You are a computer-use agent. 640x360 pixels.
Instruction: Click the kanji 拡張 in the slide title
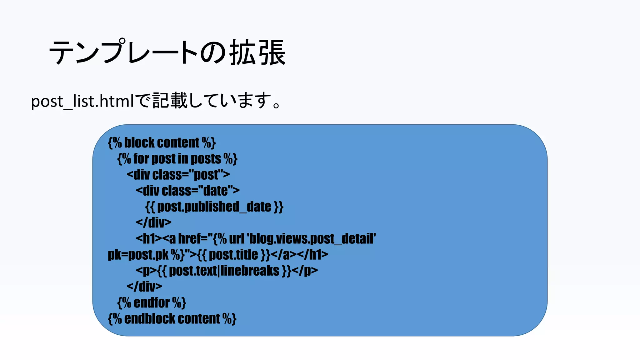point(257,52)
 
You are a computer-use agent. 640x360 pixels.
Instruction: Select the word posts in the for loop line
point(206,159)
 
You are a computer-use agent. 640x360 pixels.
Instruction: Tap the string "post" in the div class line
point(206,175)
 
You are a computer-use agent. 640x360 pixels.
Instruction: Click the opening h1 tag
point(149,239)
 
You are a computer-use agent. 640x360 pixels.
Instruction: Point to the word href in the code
point(190,239)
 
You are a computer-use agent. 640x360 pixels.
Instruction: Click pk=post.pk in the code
point(138,255)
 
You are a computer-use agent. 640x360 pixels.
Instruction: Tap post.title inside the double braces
point(233,255)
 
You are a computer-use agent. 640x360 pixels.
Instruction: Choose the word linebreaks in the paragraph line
point(250,271)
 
